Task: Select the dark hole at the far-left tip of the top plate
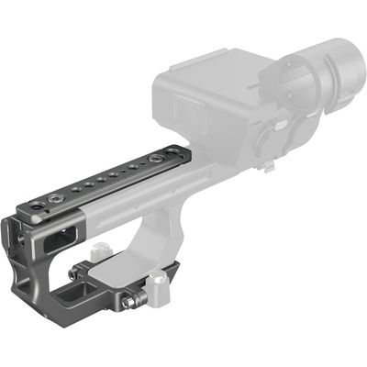35,210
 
